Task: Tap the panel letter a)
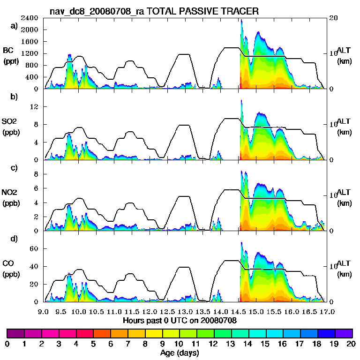[14, 26]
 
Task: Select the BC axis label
[8, 51]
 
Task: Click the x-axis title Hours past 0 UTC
[180, 321]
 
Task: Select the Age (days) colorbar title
[180, 352]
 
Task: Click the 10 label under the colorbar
[180, 344]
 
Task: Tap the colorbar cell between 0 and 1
[15, 333]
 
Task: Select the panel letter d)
[14, 239]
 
